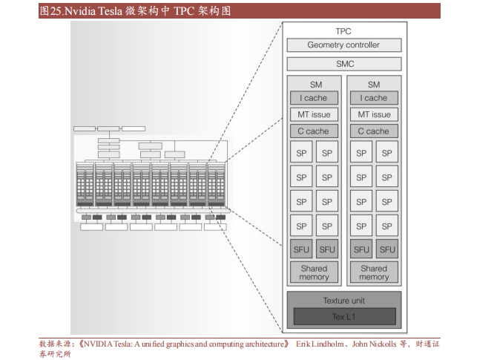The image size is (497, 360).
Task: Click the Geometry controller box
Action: click(x=343, y=45)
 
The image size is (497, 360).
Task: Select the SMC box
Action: click(x=343, y=64)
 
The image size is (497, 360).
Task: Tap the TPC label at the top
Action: click(x=343, y=31)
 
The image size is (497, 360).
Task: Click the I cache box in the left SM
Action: click(x=314, y=98)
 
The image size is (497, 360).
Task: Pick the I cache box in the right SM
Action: click(x=374, y=98)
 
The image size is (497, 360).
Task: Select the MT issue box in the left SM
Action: click(x=314, y=114)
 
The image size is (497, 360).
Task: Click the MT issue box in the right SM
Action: click(x=374, y=114)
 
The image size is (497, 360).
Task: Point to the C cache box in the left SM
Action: click(x=314, y=131)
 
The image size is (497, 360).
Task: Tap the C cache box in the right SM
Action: click(x=374, y=131)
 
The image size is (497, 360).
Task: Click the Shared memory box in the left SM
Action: click(x=314, y=272)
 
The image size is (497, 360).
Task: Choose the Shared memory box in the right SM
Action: click(x=374, y=272)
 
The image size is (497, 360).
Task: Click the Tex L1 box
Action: click(x=343, y=317)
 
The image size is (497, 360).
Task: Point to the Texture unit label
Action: click(x=343, y=301)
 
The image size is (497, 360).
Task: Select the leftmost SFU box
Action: click(x=301, y=249)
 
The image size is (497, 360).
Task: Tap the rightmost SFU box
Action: click(x=386, y=249)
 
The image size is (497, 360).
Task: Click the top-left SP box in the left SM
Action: click(x=301, y=154)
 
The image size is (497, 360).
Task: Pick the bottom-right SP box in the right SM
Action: click(x=386, y=225)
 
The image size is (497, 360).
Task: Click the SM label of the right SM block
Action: click(x=374, y=85)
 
